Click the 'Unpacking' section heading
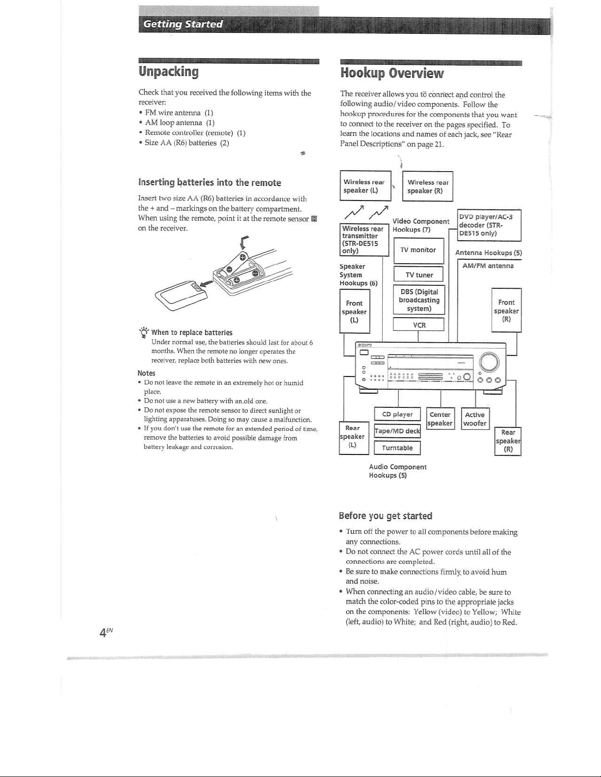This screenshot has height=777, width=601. click(169, 72)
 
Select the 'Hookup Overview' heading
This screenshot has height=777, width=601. click(392, 74)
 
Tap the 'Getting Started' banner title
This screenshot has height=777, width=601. click(183, 24)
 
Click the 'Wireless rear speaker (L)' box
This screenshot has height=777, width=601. click(365, 186)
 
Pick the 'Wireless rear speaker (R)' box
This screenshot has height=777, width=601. click(427, 186)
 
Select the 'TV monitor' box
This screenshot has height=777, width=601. click(418, 250)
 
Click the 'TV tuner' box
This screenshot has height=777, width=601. click(418, 275)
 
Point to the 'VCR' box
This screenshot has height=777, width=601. click(418, 325)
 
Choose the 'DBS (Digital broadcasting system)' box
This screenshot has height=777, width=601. click(418, 300)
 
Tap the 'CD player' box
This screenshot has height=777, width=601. click(397, 414)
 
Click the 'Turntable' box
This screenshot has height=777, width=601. click(397, 448)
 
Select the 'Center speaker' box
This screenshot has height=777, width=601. click(440, 419)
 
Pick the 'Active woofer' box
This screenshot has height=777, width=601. click(475, 419)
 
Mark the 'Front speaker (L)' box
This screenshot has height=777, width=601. click(354, 311)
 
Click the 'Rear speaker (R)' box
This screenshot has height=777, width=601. click(508, 441)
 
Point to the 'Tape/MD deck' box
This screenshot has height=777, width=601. click(397, 431)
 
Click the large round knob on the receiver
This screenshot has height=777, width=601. click(489, 363)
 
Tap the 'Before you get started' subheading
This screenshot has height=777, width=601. click(385, 516)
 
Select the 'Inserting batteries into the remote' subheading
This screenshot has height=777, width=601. click(209, 183)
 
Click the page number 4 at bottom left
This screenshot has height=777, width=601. click(103, 632)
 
